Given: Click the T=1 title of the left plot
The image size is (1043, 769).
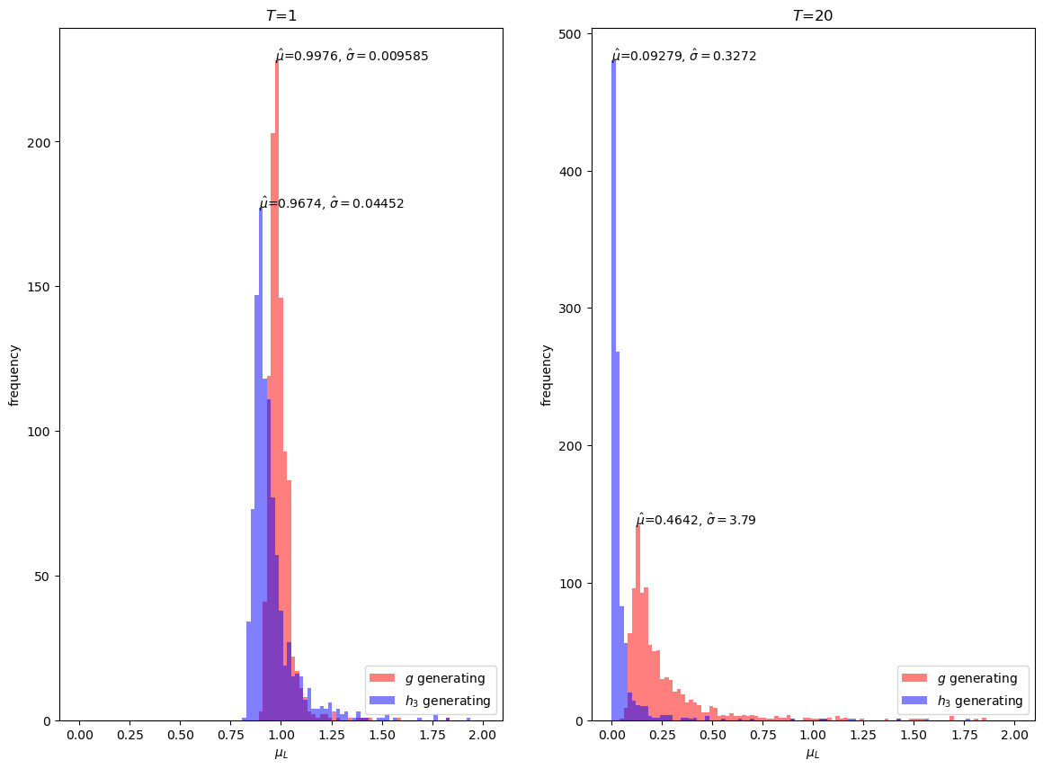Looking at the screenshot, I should tap(281, 15).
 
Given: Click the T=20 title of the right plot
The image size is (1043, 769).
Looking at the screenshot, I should tap(813, 15).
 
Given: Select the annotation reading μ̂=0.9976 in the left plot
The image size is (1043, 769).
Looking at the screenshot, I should tap(352, 56).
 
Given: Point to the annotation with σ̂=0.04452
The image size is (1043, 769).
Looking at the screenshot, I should tap(332, 203).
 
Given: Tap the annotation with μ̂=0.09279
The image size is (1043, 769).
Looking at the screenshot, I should tap(684, 56).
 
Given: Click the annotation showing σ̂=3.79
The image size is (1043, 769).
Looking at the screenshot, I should tap(696, 520).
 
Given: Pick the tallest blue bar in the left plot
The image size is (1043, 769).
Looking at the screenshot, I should tap(261, 450).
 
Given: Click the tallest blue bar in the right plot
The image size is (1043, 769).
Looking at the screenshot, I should tap(614, 387).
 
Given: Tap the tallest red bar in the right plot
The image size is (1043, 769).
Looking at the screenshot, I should tap(637, 621).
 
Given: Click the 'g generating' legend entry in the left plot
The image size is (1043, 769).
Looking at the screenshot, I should tap(428, 678).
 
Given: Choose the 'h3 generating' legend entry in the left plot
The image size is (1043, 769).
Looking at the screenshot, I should tap(428, 701).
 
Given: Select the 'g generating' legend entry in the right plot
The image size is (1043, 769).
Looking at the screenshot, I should tap(960, 678).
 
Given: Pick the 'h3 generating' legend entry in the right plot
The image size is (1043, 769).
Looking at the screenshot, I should tap(960, 701).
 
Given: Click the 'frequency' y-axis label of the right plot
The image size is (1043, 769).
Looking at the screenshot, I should tap(546, 375).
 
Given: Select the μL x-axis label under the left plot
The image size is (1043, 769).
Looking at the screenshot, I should tap(281, 754).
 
